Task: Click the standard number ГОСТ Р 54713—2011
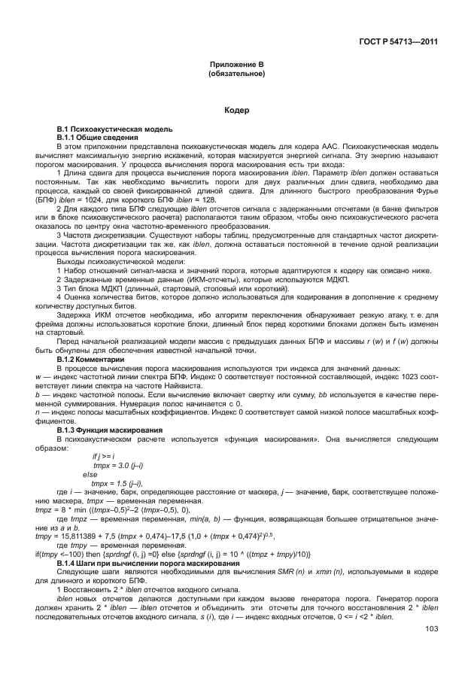coord(395,41)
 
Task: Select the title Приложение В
coord(236,67)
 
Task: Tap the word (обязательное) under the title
coord(236,75)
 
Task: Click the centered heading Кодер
coord(236,111)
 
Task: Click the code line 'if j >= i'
coord(105,456)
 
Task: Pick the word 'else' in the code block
coord(90,475)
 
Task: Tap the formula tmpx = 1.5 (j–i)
coord(117,483)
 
